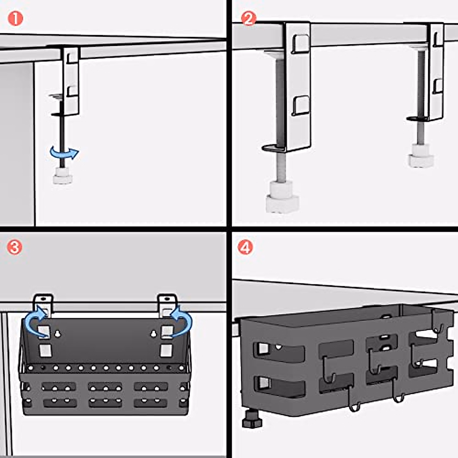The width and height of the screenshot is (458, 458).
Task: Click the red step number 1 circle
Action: pyautogui.click(x=15, y=19)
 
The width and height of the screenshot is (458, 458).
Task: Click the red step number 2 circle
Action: pyautogui.click(x=248, y=19)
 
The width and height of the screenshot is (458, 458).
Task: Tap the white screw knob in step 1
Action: pyautogui.click(x=63, y=176)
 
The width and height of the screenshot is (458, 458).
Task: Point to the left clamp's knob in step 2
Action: pyautogui.click(x=282, y=197)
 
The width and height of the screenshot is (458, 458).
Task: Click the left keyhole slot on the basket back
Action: pyautogui.click(x=57, y=334)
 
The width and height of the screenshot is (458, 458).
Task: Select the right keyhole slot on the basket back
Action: pyautogui.click(x=154, y=334)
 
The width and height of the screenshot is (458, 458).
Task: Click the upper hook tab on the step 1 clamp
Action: pyautogui.click(x=72, y=58)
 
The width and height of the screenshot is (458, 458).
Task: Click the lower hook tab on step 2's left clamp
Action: pyautogui.click(x=301, y=106)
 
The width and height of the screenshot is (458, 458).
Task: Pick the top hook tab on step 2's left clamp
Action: pyautogui.click(x=301, y=44)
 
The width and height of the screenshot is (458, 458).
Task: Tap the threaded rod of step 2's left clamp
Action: pyautogui.click(x=281, y=119)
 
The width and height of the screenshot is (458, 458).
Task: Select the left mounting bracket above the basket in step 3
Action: pyautogui.click(x=43, y=305)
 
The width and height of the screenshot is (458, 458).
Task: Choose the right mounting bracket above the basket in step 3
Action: pyautogui.click(x=168, y=305)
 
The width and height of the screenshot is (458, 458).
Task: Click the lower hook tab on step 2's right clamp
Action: pyautogui.click(x=438, y=86)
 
